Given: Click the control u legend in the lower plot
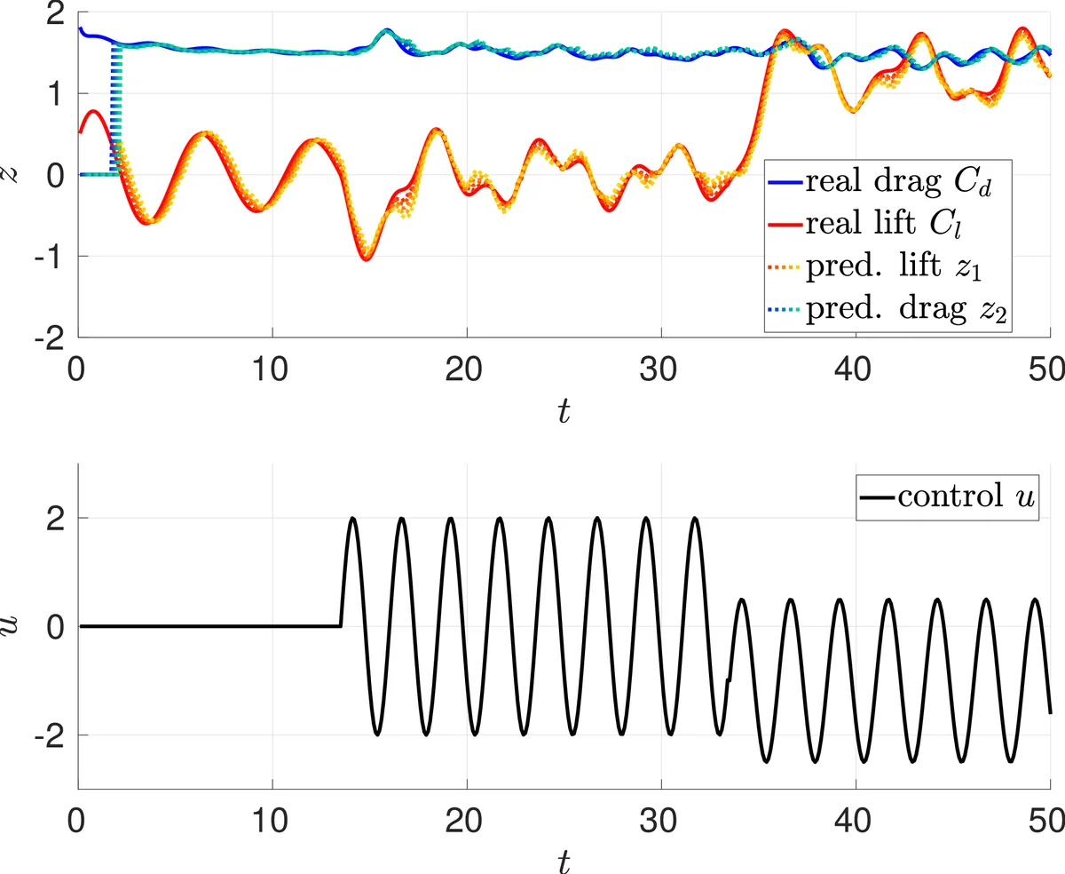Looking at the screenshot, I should (947, 495).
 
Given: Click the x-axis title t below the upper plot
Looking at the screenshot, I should (564, 409).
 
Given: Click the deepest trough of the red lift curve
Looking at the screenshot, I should (366, 259).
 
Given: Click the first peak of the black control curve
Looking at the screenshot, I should (353, 518).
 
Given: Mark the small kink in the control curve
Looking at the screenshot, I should (729, 680).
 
